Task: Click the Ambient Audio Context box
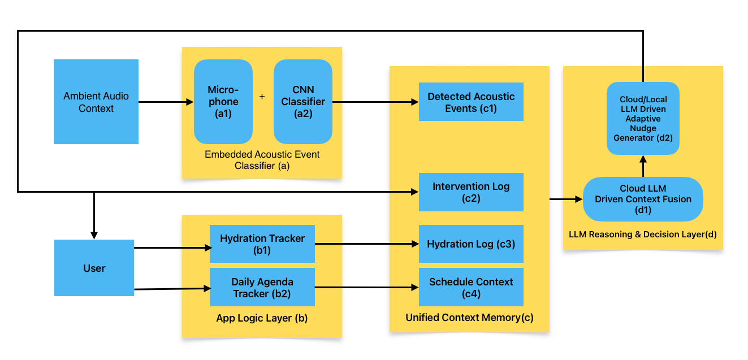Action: click(x=96, y=102)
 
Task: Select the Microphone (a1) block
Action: click(x=223, y=102)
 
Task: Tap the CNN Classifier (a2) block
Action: click(x=303, y=102)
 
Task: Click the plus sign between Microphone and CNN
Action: click(x=262, y=97)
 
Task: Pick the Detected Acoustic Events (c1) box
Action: click(x=471, y=102)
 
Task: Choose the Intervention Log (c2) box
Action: click(x=471, y=192)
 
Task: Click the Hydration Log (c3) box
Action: click(x=471, y=244)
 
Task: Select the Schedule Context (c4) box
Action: click(x=471, y=287)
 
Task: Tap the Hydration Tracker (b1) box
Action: click(x=262, y=244)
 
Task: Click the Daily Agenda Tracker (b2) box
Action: click(x=262, y=287)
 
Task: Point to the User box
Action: click(x=94, y=268)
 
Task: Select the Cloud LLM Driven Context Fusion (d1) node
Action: click(x=643, y=199)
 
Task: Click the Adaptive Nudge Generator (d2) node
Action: click(x=643, y=119)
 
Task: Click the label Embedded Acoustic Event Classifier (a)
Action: click(x=262, y=160)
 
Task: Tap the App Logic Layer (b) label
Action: click(x=262, y=318)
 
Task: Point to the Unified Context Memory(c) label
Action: click(x=469, y=318)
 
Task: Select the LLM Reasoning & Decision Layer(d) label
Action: click(x=643, y=234)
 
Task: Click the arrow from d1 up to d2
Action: click(x=643, y=166)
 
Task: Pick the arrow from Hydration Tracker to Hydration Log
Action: click(x=366, y=244)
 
